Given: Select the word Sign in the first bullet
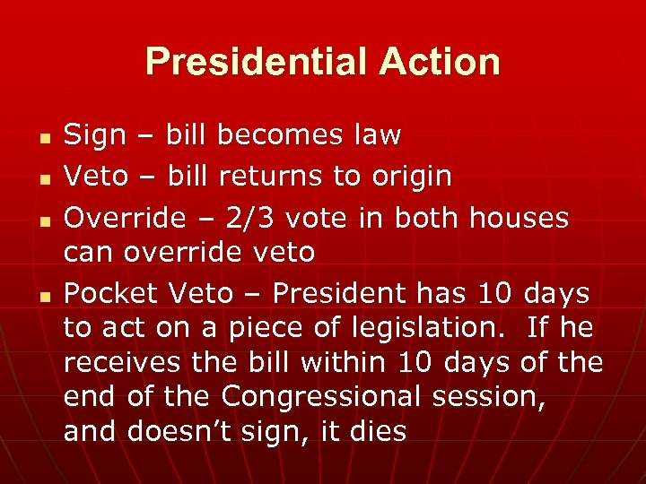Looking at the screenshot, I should (x=96, y=136).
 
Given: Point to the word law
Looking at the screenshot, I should (x=378, y=136).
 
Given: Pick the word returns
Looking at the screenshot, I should (x=275, y=177).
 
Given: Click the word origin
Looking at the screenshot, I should (x=409, y=177).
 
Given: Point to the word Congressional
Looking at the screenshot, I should (x=342, y=396).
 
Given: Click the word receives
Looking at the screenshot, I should (x=115, y=363).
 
